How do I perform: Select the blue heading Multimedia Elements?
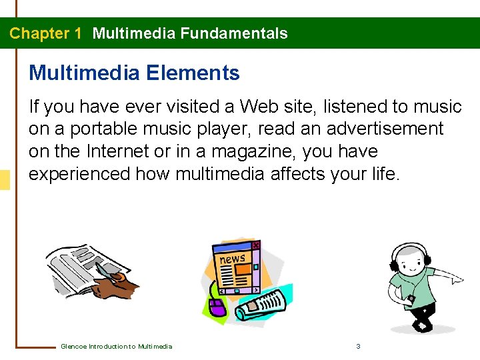[134, 73]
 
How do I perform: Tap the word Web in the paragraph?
[261, 107]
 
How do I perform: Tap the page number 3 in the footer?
[359, 346]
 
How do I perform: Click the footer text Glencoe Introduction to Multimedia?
[116, 346]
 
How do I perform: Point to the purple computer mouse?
[216, 307]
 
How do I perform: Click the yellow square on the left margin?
[5, 180]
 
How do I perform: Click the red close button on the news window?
[256, 245]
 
